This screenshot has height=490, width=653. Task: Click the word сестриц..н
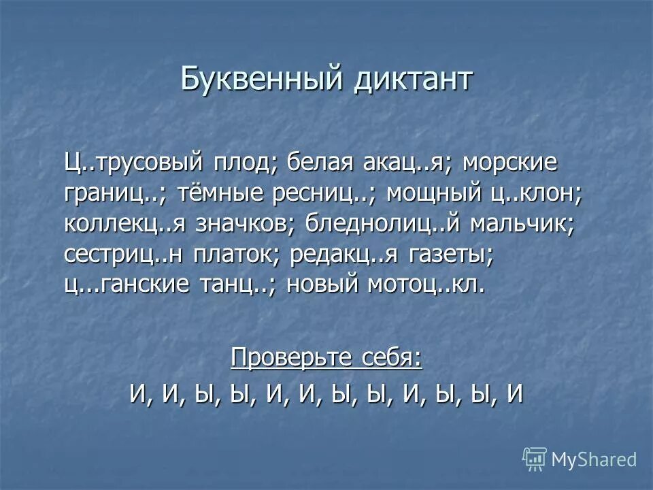pyautogui.click(x=126, y=255)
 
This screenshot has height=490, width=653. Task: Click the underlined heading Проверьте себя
pyautogui.click(x=326, y=357)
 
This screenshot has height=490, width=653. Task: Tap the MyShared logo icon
pyautogui.click(x=535, y=459)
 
